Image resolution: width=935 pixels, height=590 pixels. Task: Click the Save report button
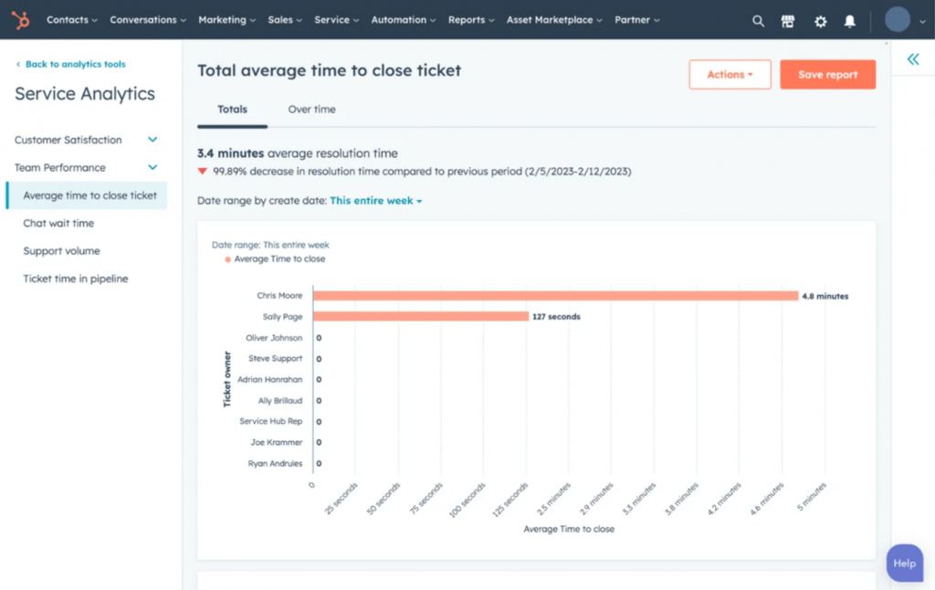pos(827,75)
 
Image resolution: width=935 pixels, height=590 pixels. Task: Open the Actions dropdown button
pos(730,75)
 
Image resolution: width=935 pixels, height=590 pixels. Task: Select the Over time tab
pos(311,110)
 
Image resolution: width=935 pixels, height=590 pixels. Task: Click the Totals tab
pos(232,110)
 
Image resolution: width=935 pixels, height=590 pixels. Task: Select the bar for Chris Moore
pos(555,296)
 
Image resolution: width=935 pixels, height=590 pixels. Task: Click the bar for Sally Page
pos(420,317)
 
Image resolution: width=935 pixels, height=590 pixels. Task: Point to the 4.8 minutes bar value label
pos(825,296)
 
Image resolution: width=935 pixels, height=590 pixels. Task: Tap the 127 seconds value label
pos(556,317)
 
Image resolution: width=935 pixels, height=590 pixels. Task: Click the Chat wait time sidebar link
pos(58,223)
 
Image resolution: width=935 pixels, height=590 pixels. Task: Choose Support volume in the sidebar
pos(61,251)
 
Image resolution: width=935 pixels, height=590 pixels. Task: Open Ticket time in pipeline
pos(76,279)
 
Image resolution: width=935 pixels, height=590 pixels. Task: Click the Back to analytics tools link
pos(75,64)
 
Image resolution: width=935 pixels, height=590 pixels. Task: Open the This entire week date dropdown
pos(375,200)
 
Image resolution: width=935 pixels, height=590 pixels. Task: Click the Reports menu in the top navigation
pos(471,20)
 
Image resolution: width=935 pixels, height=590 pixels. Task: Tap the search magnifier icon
pos(758,21)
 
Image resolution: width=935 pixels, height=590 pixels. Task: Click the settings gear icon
pos(820,21)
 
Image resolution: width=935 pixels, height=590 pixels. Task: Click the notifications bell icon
pos(850,21)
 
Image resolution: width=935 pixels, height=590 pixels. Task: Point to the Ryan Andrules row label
pos(275,464)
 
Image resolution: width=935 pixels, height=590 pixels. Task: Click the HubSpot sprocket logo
pos(20,20)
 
